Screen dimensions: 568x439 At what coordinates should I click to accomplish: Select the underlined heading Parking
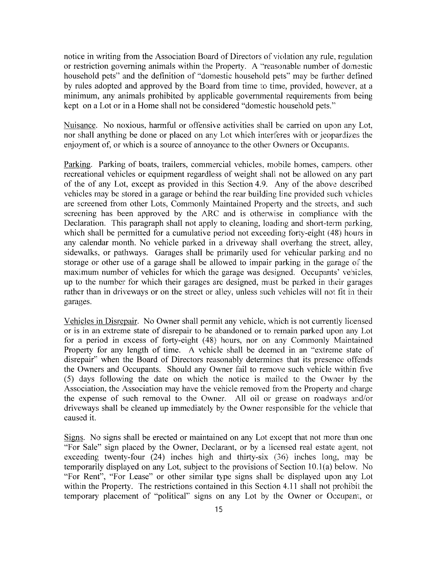tap(77, 165)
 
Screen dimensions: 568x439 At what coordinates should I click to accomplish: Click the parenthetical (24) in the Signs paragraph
tap(163, 457)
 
